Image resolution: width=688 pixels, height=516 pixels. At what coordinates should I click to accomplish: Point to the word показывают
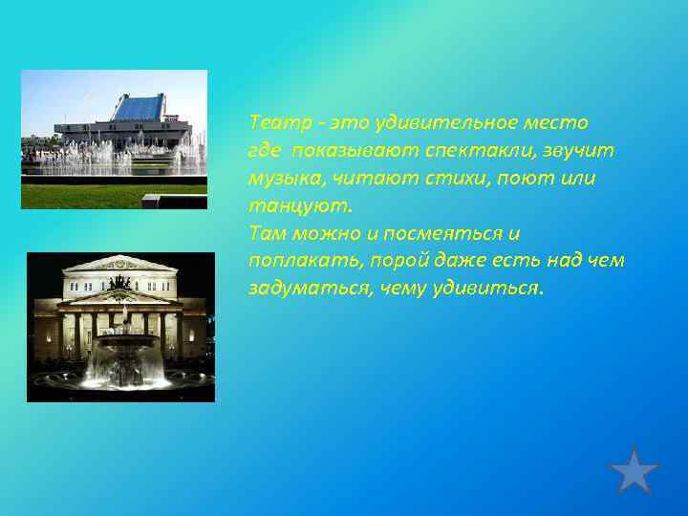[344, 151]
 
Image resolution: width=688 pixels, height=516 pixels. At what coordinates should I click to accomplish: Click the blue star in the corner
[634, 471]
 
